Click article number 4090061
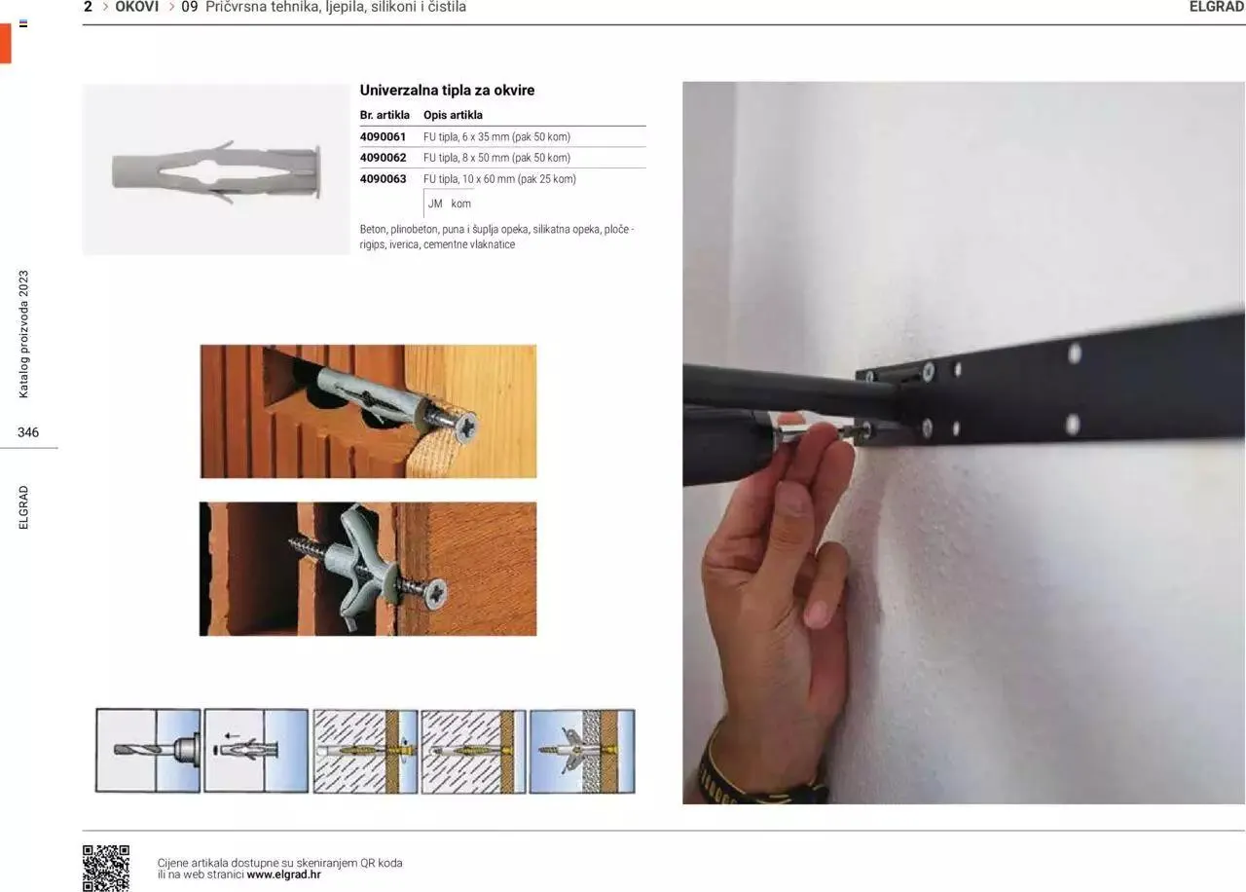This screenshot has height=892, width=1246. click(x=383, y=137)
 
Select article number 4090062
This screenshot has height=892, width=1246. click(x=383, y=158)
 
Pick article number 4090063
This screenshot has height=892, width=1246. click(x=383, y=179)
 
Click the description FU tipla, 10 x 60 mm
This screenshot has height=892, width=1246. click(x=499, y=179)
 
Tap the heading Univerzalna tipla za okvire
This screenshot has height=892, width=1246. click(x=447, y=91)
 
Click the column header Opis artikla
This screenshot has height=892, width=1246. click(x=453, y=115)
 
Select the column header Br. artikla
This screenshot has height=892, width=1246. click(x=385, y=115)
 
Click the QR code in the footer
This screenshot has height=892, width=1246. click(x=106, y=867)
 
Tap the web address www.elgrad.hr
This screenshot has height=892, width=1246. click(x=283, y=874)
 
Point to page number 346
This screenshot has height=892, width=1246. click(x=28, y=432)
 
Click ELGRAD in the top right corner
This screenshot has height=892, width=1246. click(x=1216, y=7)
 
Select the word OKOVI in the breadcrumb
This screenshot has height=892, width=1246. click(x=136, y=7)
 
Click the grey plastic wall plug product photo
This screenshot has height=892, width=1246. click(x=216, y=170)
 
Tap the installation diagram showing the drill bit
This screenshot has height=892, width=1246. click(x=148, y=751)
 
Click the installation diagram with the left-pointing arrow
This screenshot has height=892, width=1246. click(x=256, y=751)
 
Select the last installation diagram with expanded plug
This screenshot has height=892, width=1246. click(x=582, y=751)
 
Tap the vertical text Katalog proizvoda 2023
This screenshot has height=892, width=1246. click(x=24, y=334)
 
